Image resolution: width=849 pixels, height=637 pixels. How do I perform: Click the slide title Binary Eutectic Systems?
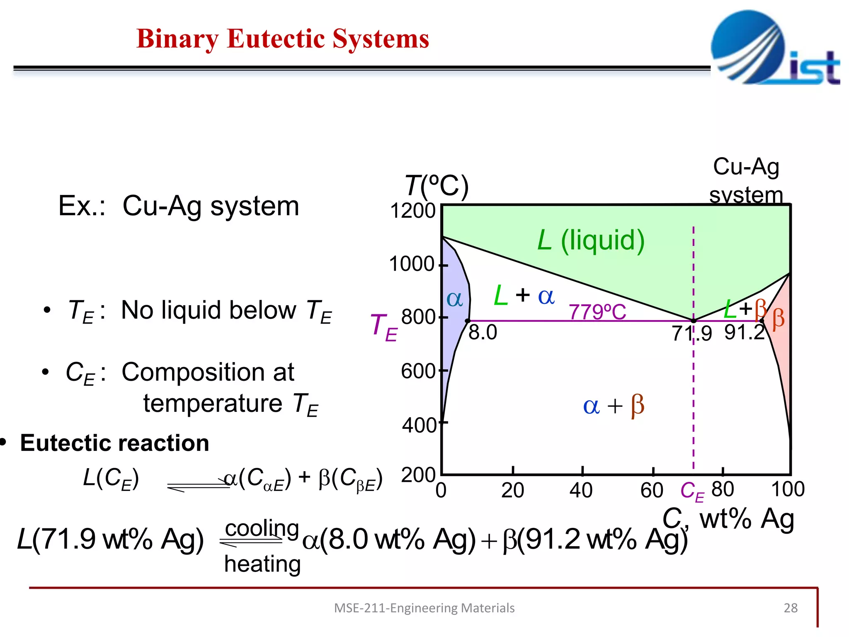click(x=283, y=39)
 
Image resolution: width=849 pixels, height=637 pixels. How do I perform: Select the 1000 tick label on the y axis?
click(x=412, y=264)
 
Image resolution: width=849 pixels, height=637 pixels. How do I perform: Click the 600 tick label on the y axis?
click(x=418, y=371)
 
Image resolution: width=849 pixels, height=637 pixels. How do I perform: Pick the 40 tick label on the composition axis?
click(x=581, y=491)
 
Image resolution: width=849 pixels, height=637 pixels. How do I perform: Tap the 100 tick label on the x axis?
click(x=788, y=489)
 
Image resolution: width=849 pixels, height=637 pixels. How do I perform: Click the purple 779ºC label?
click(x=597, y=312)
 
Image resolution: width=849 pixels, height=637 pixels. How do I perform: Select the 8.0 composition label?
click(x=483, y=333)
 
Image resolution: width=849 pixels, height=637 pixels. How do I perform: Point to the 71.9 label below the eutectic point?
click(x=691, y=333)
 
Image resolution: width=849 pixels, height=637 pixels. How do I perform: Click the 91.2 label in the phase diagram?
click(x=745, y=333)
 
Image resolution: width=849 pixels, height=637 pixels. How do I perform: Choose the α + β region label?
click(x=614, y=405)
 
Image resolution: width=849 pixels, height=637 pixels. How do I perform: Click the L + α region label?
click(x=524, y=295)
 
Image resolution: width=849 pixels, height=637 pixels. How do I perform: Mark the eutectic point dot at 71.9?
click(x=694, y=321)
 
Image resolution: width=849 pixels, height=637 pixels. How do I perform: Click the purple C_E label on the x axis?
click(x=692, y=492)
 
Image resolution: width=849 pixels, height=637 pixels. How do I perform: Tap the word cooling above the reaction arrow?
click(x=262, y=528)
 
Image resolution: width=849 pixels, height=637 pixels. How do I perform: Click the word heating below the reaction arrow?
click(x=262, y=564)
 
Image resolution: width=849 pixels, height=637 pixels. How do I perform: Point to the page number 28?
click(x=791, y=608)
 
